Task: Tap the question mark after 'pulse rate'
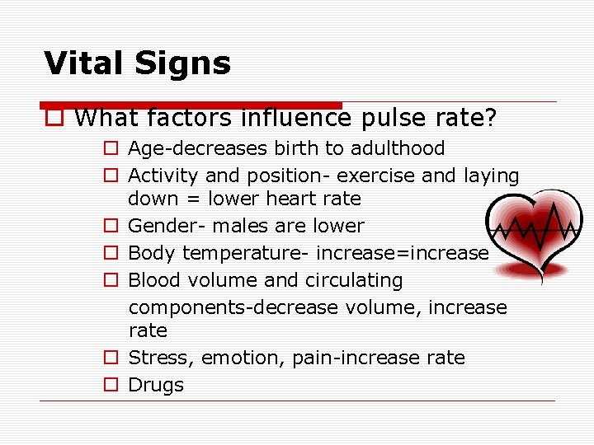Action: (491, 118)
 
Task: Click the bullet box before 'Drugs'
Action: (110, 385)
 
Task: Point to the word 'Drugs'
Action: (156, 385)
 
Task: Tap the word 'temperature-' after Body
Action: (245, 253)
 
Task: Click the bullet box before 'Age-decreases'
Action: (110, 149)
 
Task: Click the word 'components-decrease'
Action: (233, 307)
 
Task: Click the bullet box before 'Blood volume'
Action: (110, 281)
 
